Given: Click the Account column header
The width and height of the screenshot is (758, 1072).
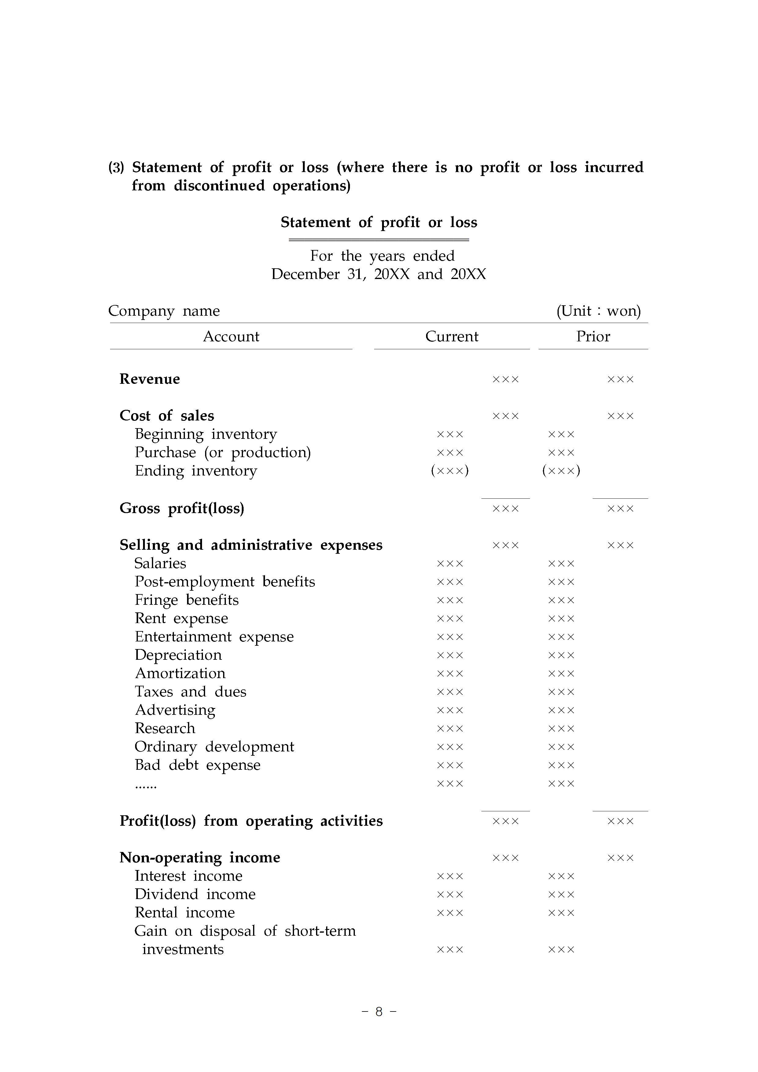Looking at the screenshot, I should [x=231, y=337].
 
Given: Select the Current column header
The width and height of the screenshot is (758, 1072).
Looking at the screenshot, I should [x=452, y=337].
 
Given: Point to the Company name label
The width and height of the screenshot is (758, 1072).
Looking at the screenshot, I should [x=164, y=311].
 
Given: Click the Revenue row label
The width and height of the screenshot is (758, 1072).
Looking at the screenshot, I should [x=149, y=379].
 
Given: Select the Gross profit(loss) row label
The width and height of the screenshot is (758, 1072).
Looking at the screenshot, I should [x=182, y=508].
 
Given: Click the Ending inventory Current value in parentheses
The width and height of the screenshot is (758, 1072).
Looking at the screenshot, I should [x=450, y=471].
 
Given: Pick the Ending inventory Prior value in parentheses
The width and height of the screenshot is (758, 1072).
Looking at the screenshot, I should [x=561, y=471].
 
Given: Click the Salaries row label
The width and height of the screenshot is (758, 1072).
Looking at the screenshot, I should [x=160, y=564].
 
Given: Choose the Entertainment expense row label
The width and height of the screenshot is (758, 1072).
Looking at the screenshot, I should [x=214, y=637].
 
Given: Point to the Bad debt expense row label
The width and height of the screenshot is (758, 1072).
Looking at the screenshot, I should [x=197, y=765].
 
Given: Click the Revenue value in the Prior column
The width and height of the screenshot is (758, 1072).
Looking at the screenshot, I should [x=620, y=380].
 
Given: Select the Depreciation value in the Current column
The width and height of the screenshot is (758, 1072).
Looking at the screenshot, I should [x=450, y=655].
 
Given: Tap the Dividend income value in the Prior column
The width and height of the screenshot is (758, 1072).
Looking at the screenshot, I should [x=561, y=894].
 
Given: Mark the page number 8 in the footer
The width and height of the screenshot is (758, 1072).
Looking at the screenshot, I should [x=379, y=1011].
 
